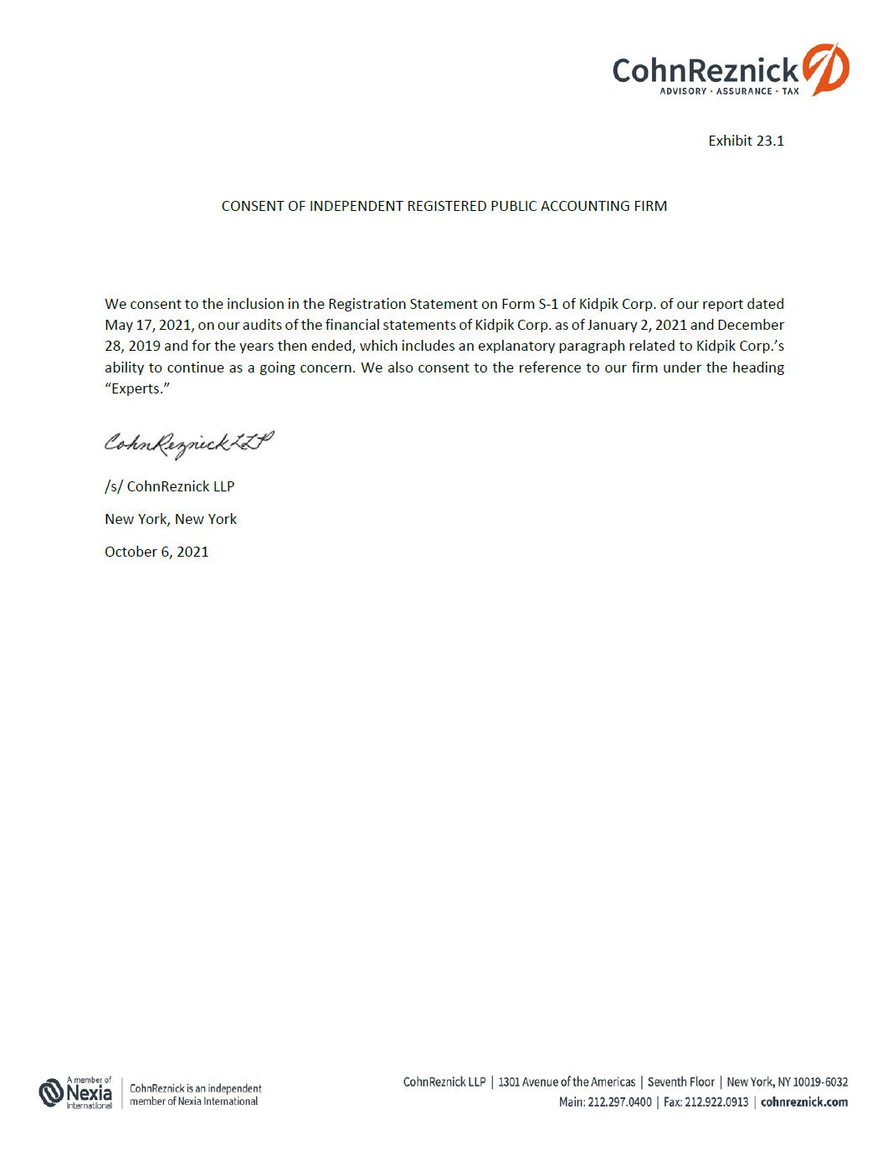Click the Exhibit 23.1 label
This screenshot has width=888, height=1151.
tap(746, 141)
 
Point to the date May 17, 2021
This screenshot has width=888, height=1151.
tap(147, 325)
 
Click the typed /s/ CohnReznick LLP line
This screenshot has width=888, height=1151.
tap(169, 486)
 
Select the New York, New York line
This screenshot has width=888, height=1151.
tap(171, 519)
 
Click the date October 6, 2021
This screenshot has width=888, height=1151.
tap(157, 552)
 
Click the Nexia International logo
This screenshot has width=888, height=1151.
tap(76, 1093)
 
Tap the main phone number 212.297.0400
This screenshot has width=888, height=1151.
tap(619, 1102)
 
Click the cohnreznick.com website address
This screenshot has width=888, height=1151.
tap(803, 1102)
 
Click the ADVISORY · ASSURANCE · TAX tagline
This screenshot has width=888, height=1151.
tap(728, 91)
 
